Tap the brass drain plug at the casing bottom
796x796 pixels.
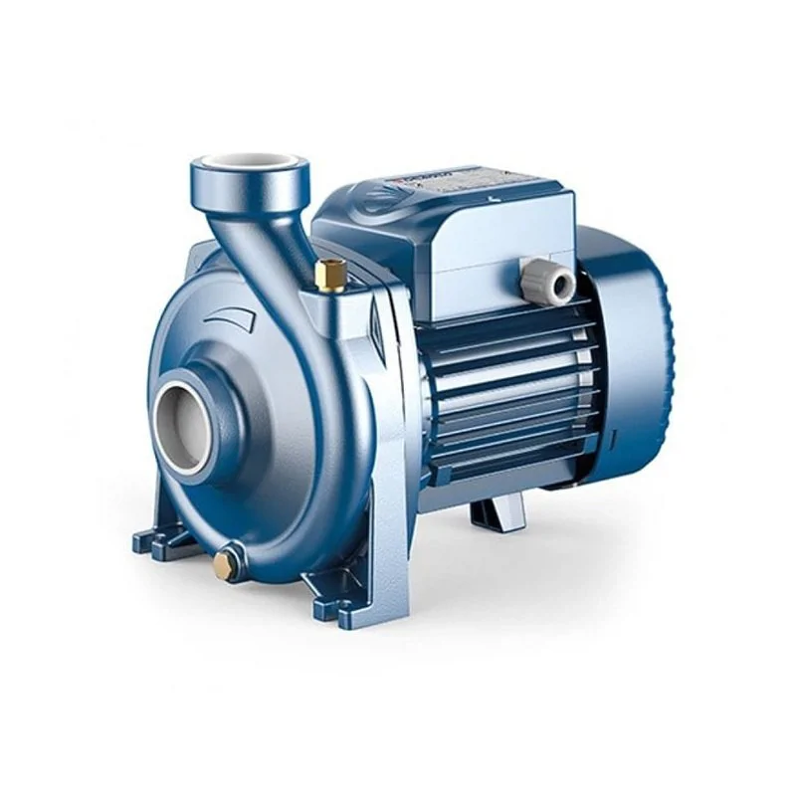[x=226, y=566]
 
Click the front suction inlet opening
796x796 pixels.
[x=183, y=412]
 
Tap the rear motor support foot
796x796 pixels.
[x=497, y=513]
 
